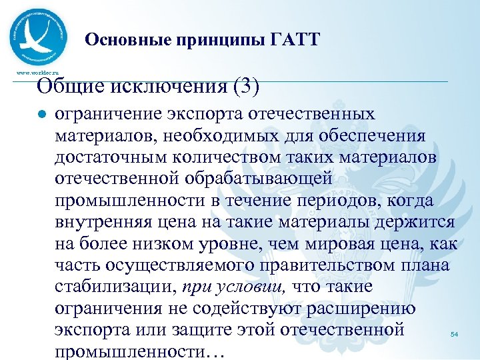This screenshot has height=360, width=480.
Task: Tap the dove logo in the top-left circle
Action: pos(39,37)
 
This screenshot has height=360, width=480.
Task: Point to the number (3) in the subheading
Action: pos(245,86)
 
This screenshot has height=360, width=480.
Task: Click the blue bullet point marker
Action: pos(41,115)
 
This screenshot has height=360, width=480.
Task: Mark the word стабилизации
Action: pos(114,287)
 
